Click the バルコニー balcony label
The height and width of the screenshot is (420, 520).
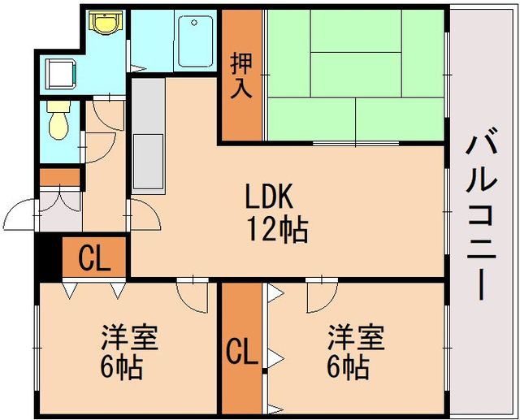click(x=481, y=218)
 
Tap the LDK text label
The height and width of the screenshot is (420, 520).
click(x=269, y=197)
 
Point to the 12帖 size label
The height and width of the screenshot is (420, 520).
click(x=278, y=229)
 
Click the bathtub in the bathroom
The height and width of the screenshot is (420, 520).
click(x=195, y=41)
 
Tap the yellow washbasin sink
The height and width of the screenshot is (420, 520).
click(x=106, y=22)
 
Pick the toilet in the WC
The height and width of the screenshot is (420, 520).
click(x=58, y=120)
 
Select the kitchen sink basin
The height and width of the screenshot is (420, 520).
click(x=148, y=162)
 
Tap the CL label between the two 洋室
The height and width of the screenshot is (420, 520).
click(x=242, y=352)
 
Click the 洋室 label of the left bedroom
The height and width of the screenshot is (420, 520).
click(x=129, y=337)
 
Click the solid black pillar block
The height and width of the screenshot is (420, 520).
click(x=49, y=258)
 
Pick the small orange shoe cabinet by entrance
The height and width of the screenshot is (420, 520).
click(x=60, y=178)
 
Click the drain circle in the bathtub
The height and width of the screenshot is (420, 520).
click(x=194, y=23)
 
